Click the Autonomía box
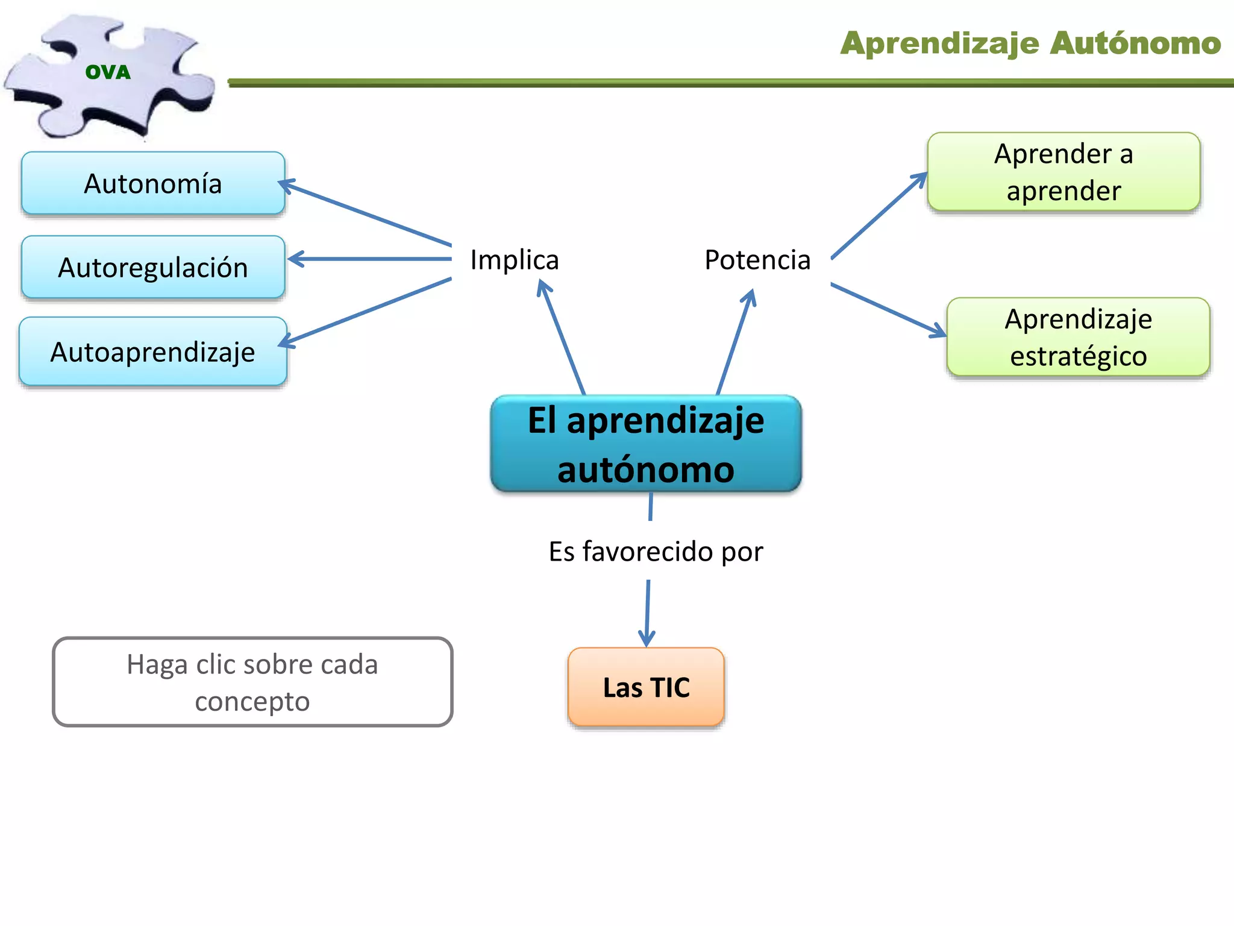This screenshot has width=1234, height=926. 153,183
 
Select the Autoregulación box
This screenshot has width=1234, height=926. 153,267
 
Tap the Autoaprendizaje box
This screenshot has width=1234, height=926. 153,351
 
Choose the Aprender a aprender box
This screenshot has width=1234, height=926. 1063,172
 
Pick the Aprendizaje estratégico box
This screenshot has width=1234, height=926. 1078,337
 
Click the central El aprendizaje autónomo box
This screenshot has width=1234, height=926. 646,444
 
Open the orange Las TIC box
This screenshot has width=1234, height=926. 646,687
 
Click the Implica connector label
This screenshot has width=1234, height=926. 515,260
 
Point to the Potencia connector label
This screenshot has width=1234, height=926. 757,260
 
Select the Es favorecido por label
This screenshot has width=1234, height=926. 656,551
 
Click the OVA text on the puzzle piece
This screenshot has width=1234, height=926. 108,72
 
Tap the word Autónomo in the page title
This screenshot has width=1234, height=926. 1135,43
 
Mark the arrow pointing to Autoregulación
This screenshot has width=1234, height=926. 371,259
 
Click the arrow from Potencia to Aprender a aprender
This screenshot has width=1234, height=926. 879,216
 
